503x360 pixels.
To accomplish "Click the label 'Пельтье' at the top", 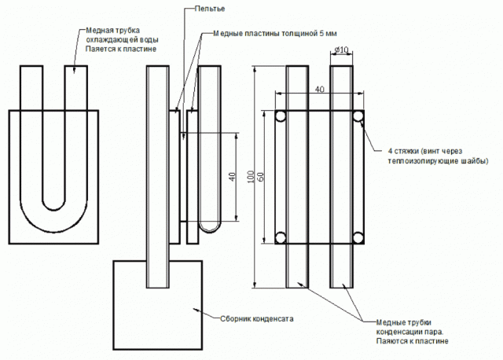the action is coord(210,9).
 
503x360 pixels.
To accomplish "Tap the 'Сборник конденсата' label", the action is coord(257,319).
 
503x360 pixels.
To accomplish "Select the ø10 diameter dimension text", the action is coord(341,50).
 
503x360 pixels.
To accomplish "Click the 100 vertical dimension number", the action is coord(251,177).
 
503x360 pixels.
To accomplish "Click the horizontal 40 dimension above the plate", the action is coord(320,89).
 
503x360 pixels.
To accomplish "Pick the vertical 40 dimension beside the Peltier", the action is coord(232,177).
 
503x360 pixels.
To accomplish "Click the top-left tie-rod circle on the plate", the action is coord(281,116).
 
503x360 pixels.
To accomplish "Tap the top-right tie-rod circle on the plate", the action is coord(358,116).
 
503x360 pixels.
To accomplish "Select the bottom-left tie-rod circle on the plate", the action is coord(281,237).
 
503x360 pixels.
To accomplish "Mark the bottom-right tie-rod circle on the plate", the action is coord(358,237).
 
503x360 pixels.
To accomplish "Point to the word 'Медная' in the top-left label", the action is coord(95,31).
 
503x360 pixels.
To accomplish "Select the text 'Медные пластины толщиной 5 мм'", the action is coord(275,33).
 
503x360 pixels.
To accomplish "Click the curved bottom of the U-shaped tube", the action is coord(54,232).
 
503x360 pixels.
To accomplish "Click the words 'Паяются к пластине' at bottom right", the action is coord(412,341).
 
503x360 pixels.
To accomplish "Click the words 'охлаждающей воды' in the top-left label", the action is coord(123,40).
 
